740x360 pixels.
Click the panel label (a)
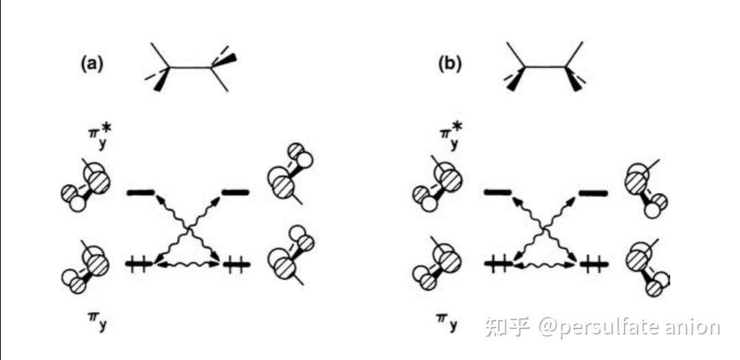[x=92, y=65]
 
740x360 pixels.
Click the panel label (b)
[x=450, y=65]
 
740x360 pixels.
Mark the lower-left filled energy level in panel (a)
[x=140, y=263]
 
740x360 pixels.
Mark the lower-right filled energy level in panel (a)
[x=235, y=263]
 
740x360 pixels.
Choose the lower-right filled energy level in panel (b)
[x=592, y=263]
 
